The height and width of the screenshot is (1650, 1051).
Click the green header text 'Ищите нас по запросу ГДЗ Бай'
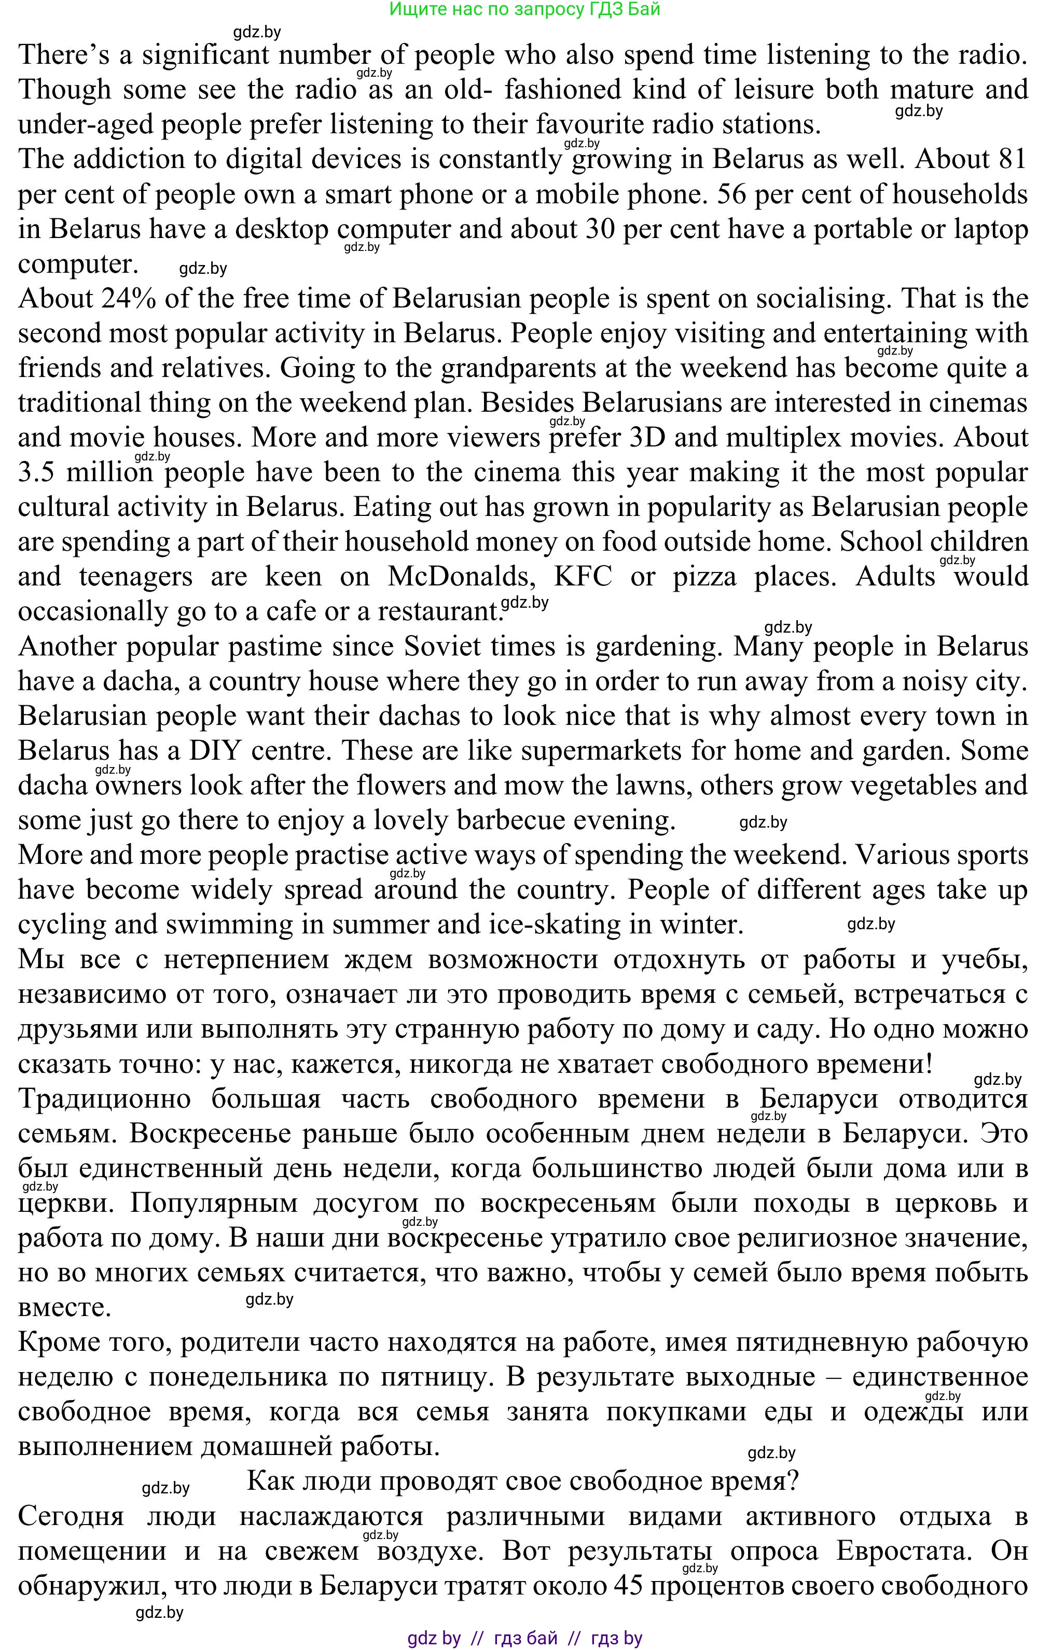[x=524, y=9]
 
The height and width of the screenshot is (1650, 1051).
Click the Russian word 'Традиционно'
[x=104, y=1099]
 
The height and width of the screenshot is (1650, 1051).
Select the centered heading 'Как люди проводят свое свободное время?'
[x=523, y=1482]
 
